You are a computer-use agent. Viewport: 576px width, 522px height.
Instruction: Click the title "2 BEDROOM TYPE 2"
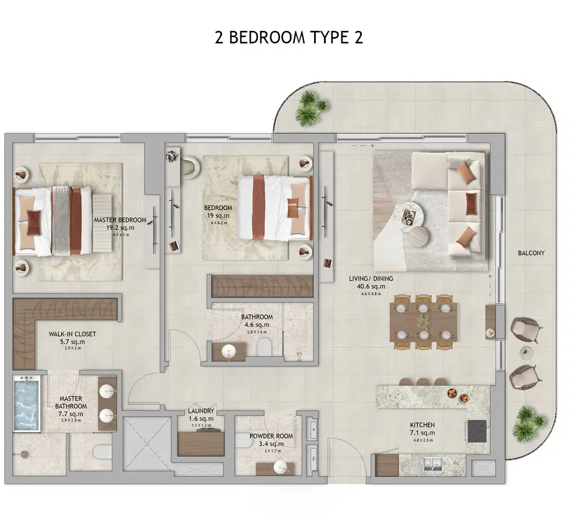tap(289, 38)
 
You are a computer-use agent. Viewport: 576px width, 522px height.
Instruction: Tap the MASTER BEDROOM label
tap(120, 220)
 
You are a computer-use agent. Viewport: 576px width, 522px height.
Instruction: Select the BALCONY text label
tap(531, 253)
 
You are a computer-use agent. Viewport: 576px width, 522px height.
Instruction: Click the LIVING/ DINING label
tap(371, 279)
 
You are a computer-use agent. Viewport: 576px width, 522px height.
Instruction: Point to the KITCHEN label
tap(422, 425)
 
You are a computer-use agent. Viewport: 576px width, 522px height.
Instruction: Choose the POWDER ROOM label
tap(271, 436)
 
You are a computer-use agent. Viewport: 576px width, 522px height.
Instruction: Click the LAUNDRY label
tap(201, 412)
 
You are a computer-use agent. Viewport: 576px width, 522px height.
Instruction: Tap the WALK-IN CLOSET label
tap(72, 334)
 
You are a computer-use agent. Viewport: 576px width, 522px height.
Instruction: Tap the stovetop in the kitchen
tap(478, 431)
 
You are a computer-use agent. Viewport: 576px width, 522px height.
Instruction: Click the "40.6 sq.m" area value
tap(371, 287)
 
